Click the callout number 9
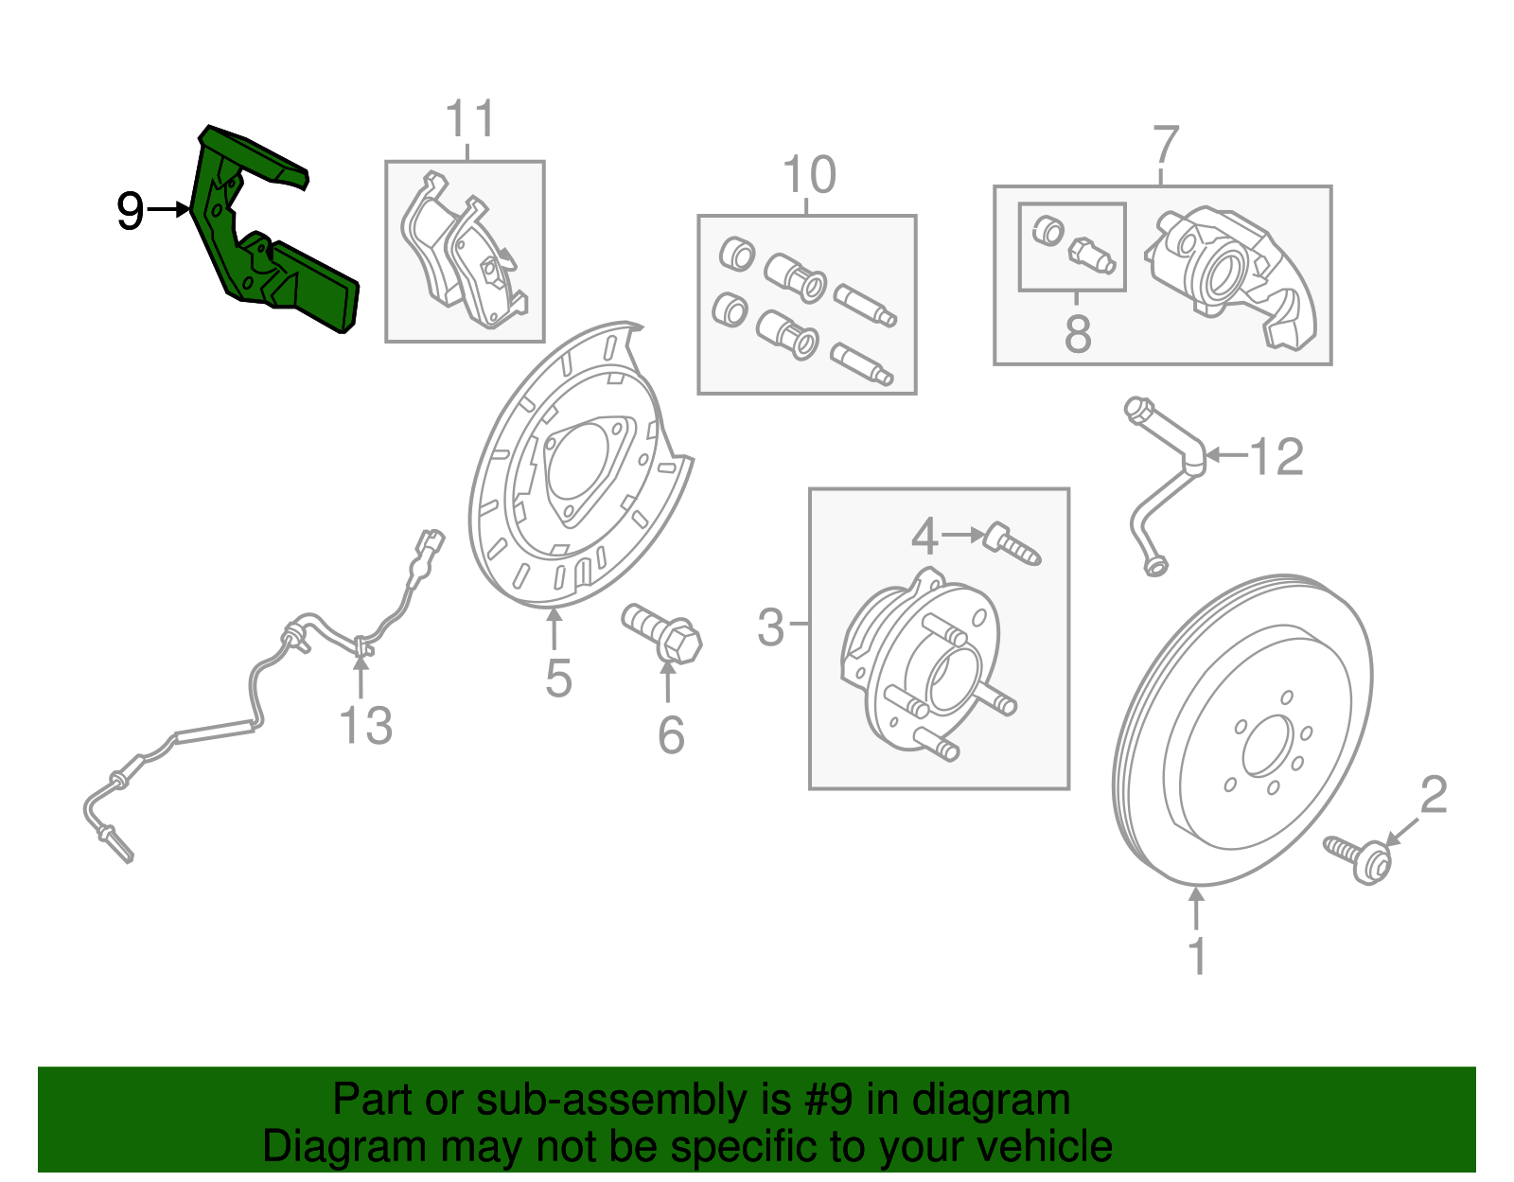pyautogui.click(x=130, y=210)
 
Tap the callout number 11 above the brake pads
pyautogui.click(x=469, y=120)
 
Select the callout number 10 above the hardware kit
pyautogui.click(x=809, y=175)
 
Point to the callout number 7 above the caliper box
pyautogui.click(x=1166, y=147)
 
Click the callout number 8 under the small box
pyautogui.click(x=1077, y=333)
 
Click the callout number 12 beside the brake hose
pyautogui.click(x=1276, y=458)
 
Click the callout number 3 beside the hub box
pyautogui.click(x=771, y=626)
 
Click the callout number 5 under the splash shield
pyautogui.click(x=558, y=678)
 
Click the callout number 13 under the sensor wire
pyautogui.click(x=365, y=727)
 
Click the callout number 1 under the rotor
pyautogui.click(x=1197, y=956)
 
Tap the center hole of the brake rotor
pyautogui.click(x=1267, y=746)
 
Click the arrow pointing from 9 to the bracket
pyautogui.click(x=170, y=209)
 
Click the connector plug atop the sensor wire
pyautogui.click(x=431, y=541)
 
